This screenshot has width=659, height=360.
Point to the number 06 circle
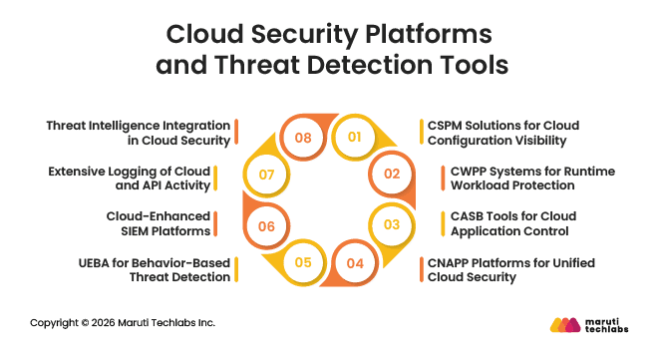266,225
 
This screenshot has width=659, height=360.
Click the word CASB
466,216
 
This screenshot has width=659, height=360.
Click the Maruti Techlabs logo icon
566,324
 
